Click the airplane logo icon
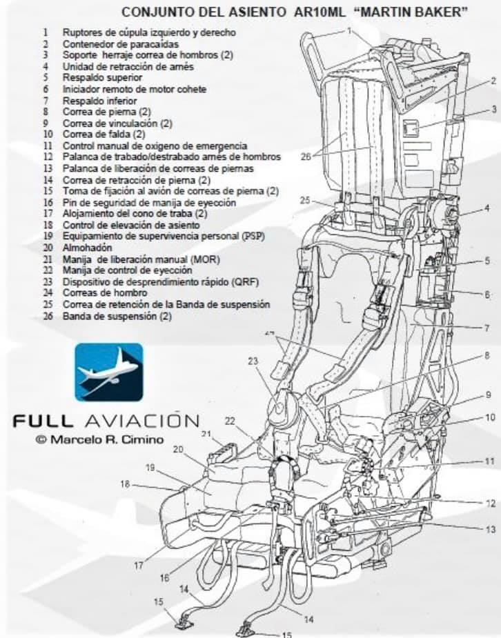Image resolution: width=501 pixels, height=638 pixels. point(109,372)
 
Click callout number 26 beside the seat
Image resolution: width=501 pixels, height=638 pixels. point(306,157)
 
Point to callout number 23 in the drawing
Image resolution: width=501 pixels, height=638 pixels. point(253,361)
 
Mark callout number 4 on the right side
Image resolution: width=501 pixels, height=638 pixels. point(487,208)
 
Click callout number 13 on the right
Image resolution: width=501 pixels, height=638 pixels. point(491,530)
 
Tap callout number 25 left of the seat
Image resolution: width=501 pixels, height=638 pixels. point(306,200)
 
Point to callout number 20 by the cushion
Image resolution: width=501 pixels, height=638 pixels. point(177,449)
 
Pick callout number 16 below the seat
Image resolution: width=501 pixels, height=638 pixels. point(164,578)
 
